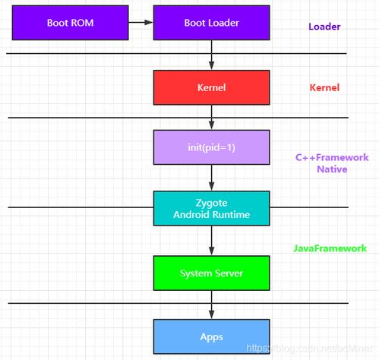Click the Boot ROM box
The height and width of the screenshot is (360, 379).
70,23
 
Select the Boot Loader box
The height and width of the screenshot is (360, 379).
211,23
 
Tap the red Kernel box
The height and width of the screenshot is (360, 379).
211,87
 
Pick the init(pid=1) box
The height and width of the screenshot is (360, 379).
211,147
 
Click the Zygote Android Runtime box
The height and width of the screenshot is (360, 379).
211,208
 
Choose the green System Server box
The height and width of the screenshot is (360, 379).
211,273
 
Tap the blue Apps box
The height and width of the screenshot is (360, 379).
211,336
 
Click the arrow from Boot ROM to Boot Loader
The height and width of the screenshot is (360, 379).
141,22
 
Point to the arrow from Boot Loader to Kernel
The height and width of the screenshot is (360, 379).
212,55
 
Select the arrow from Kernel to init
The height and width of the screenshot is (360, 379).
212,118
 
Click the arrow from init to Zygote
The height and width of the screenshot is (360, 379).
212,178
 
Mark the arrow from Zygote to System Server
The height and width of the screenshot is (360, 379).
212,241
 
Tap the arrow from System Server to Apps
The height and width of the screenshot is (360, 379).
212,305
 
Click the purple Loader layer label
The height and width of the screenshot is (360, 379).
324,27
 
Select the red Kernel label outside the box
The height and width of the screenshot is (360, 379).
324,87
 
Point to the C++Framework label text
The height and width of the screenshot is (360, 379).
332,157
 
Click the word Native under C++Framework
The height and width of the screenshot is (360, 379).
332,169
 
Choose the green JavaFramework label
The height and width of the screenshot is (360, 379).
330,248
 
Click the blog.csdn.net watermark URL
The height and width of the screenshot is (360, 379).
309,349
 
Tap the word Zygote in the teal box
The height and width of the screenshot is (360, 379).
211,203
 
